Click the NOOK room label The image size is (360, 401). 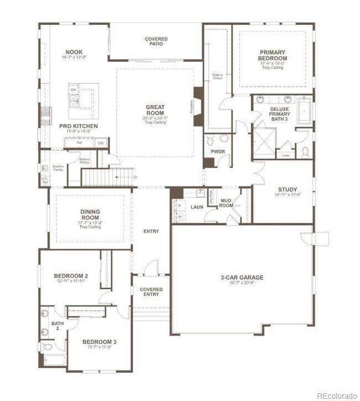click(74, 51)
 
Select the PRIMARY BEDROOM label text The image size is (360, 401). click(273, 55)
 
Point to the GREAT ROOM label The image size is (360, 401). click(155, 110)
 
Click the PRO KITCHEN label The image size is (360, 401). click(79, 126)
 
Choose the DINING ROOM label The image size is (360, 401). click(90, 215)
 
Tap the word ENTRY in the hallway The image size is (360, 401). click(151, 231)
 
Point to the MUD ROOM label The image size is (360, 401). click(226, 203)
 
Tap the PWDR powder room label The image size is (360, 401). click(217, 150)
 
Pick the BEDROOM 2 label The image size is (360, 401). click(71, 276)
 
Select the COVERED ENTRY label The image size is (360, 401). click(151, 291)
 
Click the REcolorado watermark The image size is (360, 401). click(337, 395)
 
